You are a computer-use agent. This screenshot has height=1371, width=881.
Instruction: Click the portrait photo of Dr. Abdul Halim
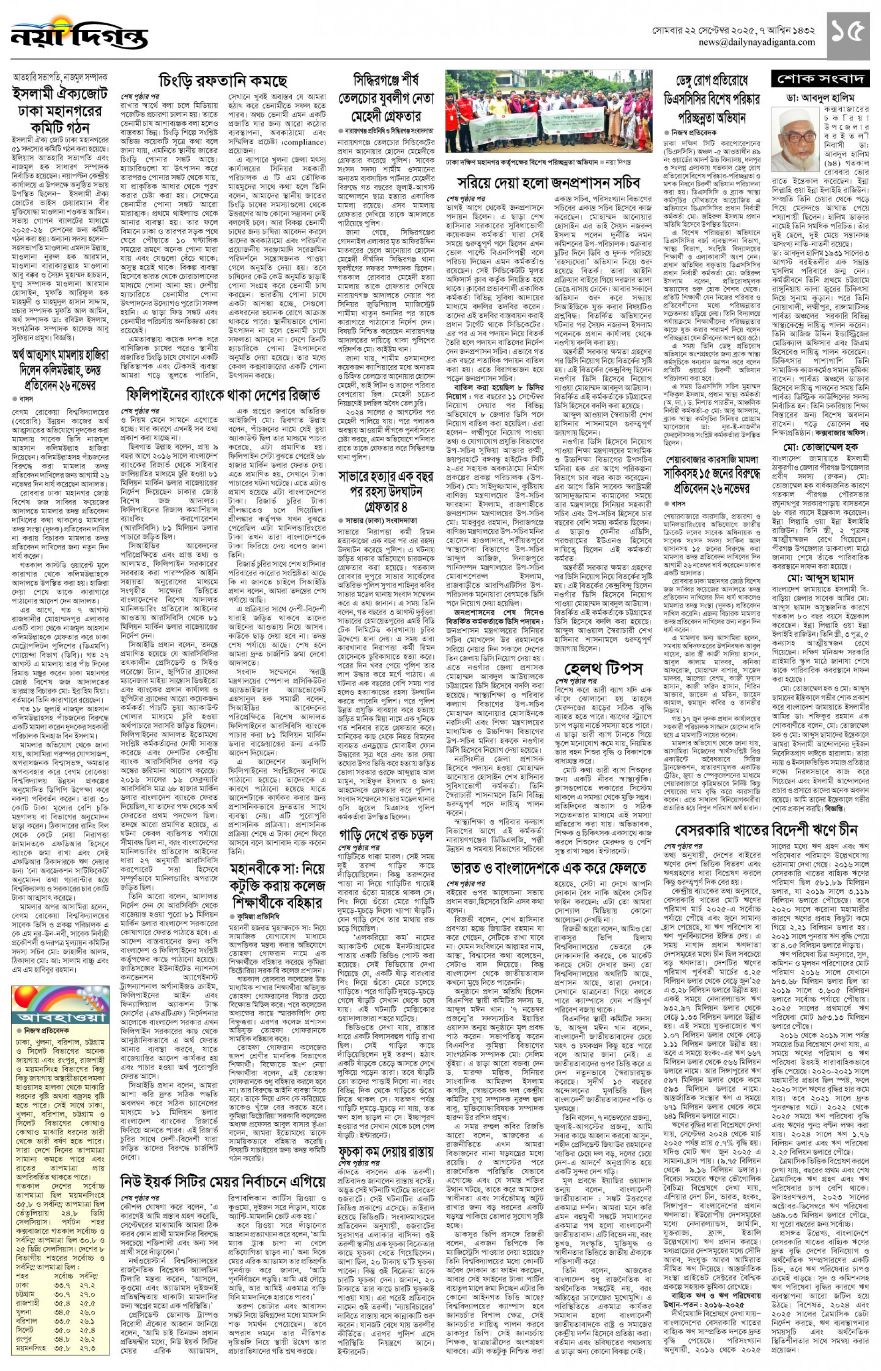795,140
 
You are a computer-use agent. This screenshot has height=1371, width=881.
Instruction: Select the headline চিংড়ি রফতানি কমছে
222,81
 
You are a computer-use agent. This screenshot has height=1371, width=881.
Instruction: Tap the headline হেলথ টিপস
603,668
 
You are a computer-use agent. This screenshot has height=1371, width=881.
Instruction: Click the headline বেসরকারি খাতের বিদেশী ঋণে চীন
766,829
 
